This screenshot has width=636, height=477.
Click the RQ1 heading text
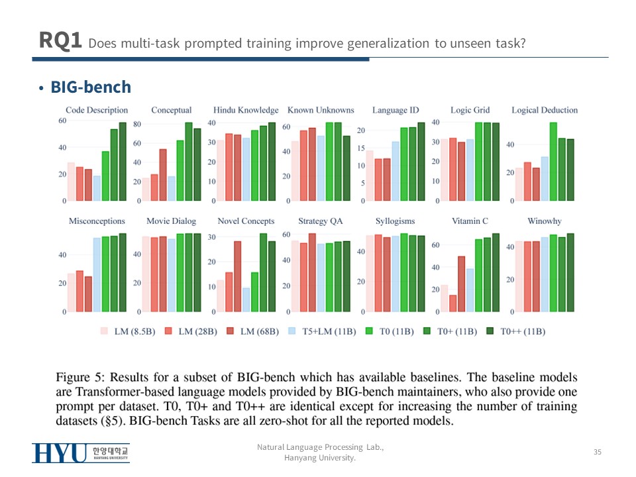click(x=60, y=41)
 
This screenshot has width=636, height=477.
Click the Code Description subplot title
click(x=97, y=110)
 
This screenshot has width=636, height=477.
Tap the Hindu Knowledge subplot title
click(x=246, y=110)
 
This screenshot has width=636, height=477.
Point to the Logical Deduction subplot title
click(x=545, y=110)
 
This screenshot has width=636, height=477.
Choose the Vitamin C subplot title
click(x=470, y=221)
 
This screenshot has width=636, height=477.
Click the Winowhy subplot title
click(x=545, y=221)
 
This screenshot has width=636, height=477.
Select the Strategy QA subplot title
click(x=321, y=221)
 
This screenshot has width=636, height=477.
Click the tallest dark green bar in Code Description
click(x=122, y=162)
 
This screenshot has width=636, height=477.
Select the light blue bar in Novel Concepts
click(x=246, y=299)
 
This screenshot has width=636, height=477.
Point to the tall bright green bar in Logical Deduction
click(x=553, y=162)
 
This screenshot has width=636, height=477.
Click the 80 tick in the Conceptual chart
click(x=137, y=124)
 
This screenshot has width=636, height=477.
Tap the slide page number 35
click(x=597, y=452)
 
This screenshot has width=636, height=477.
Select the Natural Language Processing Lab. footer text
click(x=320, y=448)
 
